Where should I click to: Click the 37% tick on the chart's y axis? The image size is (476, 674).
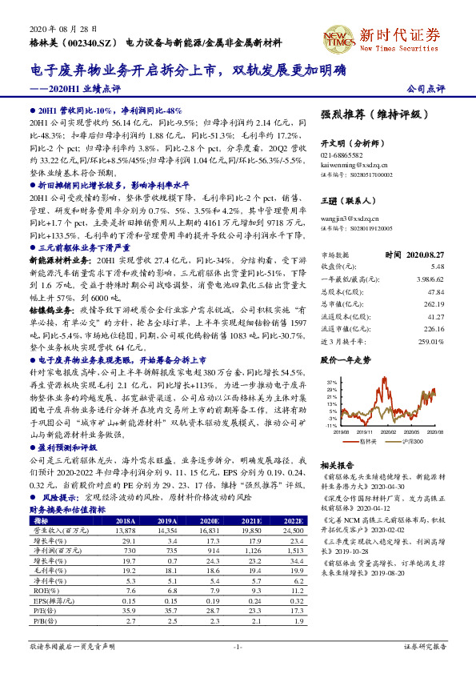pos(331,383)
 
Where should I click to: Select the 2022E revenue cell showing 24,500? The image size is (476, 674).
pos(293,530)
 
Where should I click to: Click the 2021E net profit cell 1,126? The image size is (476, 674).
pos(252,550)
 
